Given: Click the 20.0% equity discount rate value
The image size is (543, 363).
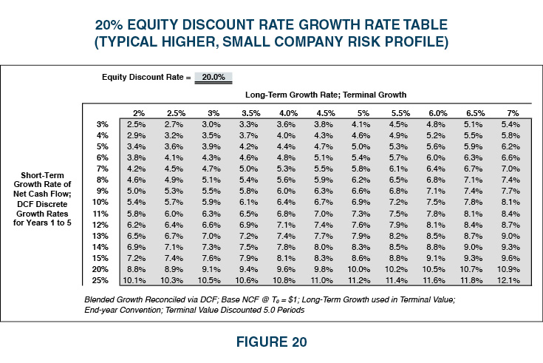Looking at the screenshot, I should tap(214, 77).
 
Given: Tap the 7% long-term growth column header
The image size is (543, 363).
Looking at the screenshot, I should tap(511, 113).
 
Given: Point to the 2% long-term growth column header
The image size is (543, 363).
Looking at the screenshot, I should tap(138, 113).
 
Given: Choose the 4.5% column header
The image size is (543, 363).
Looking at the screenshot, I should tap(325, 113).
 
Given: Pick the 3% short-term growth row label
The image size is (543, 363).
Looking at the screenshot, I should tap(103, 124).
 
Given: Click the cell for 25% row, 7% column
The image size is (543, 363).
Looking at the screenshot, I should tap(511, 279).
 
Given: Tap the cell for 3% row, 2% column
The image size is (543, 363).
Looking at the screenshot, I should tap(136, 124).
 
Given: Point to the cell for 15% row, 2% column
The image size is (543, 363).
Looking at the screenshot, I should tap(136, 257).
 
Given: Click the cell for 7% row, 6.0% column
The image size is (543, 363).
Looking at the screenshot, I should tap(436, 169).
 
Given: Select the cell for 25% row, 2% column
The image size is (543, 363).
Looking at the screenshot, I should tap(136, 279).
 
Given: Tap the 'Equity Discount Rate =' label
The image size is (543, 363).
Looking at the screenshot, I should tap(146, 77).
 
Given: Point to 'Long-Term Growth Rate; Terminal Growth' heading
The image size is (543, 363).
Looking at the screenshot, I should tap(325, 95).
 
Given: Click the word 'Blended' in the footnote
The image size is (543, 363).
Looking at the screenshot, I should tap(100, 299).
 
